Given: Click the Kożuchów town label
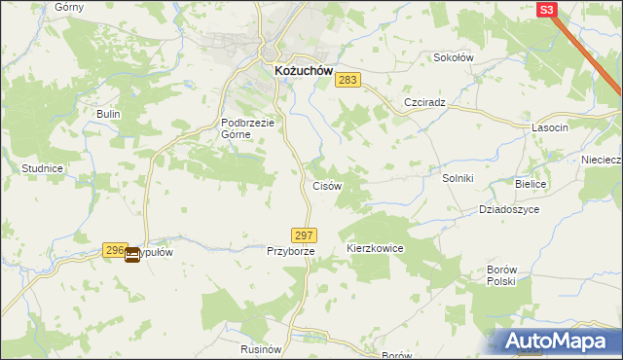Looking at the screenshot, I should pyautogui.click(x=298, y=72).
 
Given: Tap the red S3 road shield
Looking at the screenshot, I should pyautogui.click(x=548, y=9).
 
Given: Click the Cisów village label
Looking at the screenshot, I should pyautogui.click(x=325, y=185).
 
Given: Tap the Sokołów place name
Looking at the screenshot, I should pyautogui.click(x=453, y=57).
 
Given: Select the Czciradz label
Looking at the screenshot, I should pyautogui.click(x=424, y=102).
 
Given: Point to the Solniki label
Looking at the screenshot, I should pyautogui.click(x=457, y=178).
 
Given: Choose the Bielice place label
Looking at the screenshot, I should pyautogui.click(x=531, y=184).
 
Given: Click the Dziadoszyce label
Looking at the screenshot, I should pyautogui.click(x=509, y=209).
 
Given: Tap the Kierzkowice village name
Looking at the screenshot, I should pyautogui.click(x=375, y=249).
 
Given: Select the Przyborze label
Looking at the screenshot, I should pyautogui.click(x=290, y=251).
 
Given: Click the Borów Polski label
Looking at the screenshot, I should pyautogui.click(x=500, y=274).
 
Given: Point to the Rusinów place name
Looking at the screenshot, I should pyautogui.click(x=260, y=347).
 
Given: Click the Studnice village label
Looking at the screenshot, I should pyautogui.click(x=42, y=168).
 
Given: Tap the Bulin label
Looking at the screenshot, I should pyautogui.click(x=107, y=114).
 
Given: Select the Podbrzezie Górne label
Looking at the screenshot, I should pyautogui.click(x=249, y=128).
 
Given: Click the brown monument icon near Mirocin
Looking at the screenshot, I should pyautogui.click(x=131, y=255).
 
